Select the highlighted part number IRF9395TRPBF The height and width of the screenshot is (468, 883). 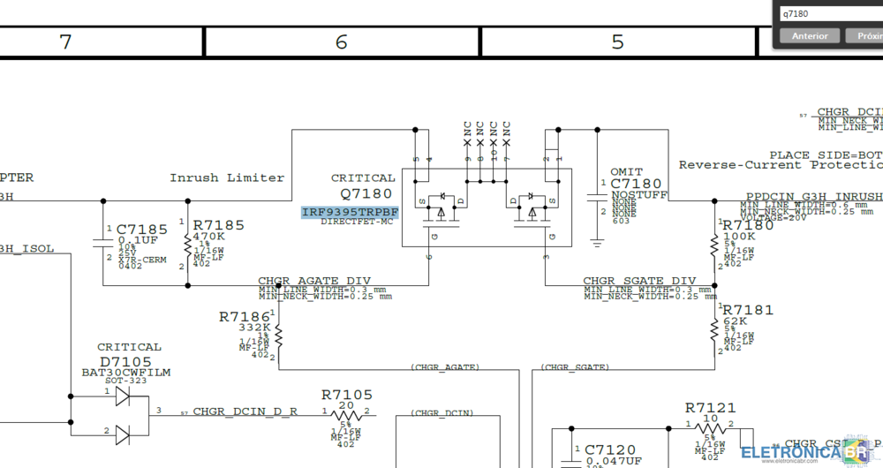[x=350, y=213]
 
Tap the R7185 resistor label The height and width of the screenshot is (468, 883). [x=218, y=225]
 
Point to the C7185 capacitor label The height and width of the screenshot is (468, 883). [x=141, y=229]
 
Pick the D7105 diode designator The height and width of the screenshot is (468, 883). [x=125, y=362]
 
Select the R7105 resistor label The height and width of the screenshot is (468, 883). [x=347, y=395]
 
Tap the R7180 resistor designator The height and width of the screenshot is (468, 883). [x=748, y=224]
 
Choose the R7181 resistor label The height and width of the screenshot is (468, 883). [x=748, y=310]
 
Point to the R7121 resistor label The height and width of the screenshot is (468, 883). [x=710, y=408]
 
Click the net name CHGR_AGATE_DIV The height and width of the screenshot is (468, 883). [x=314, y=281]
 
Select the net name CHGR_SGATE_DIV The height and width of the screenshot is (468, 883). [x=639, y=281]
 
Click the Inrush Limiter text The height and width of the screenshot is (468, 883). [x=227, y=177]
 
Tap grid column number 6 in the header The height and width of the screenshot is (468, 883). [x=342, y=42]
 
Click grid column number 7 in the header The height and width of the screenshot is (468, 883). [x=65, y=42]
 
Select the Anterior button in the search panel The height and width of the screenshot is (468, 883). [x=810, y=36]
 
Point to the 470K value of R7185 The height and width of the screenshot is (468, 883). [x=210, y=238]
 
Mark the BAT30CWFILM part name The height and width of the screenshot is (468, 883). [x=126, y=373]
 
